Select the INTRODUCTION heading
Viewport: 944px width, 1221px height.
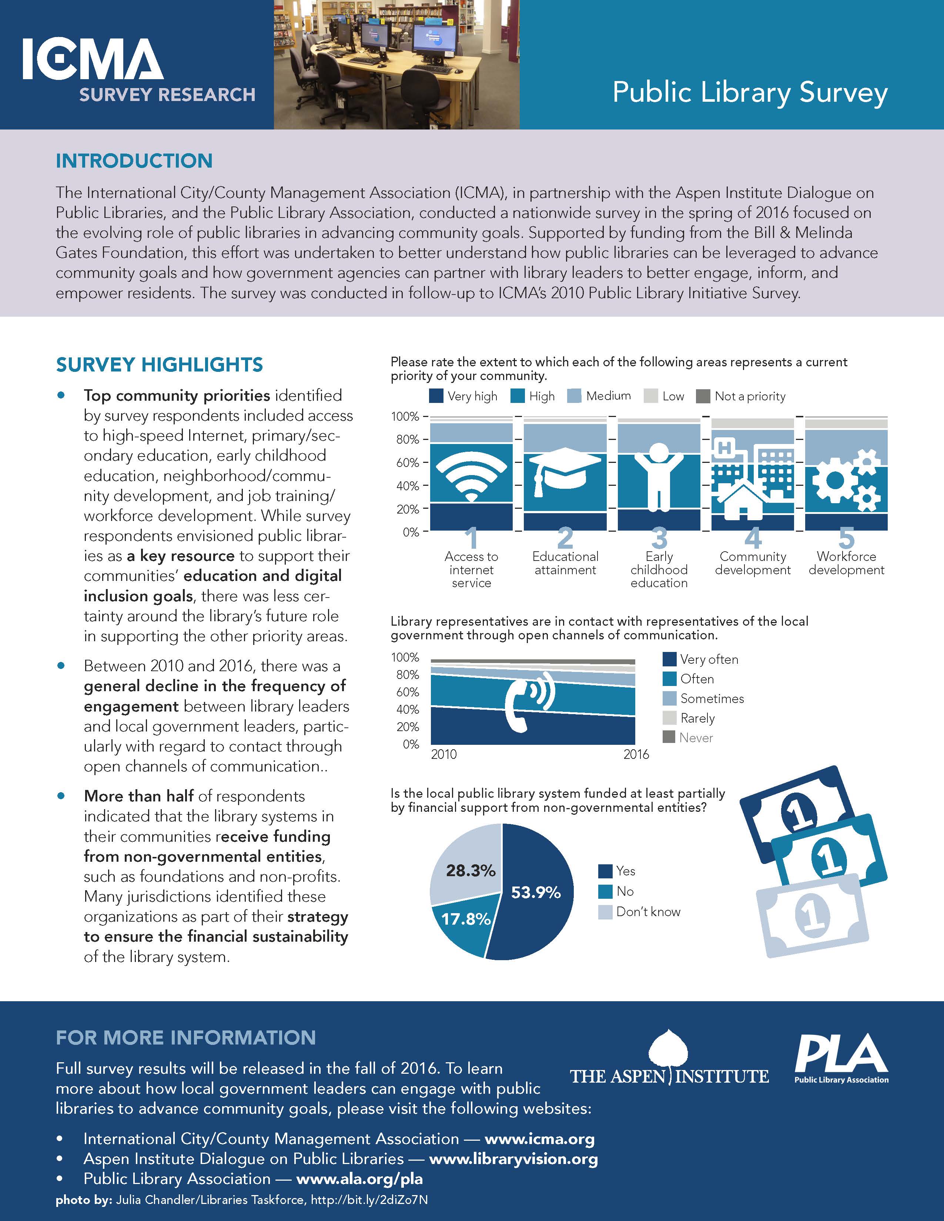(x=134, y=161)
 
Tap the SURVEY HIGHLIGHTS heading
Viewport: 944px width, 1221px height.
(x=160, y=364)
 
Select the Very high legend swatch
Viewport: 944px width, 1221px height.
(x=436, y=396)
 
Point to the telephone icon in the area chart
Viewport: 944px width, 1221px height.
(x=530, y=701)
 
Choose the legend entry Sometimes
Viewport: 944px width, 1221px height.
(x=712, y=699)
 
